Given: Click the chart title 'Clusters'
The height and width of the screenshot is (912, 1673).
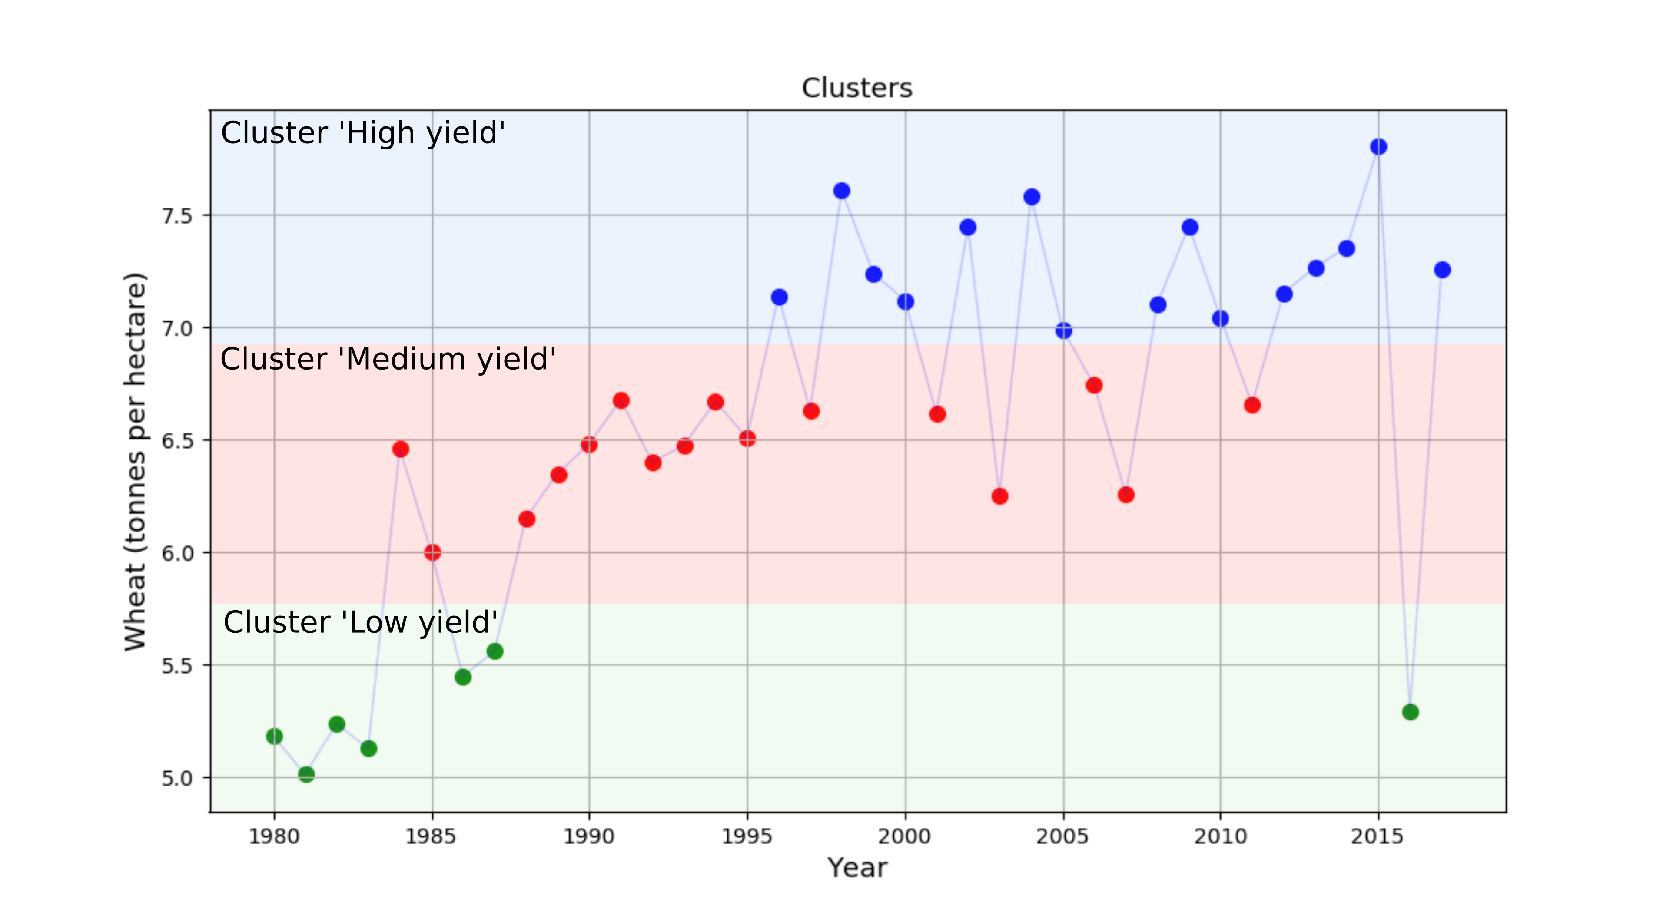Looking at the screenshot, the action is (x=856, y=88).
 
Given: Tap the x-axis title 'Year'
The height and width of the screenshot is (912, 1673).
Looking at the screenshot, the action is (x=856, y=868).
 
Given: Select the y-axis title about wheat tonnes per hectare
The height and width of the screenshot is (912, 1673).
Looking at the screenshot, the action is (x=136, y=462).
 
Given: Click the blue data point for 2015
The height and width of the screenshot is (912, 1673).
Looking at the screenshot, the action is (x=1378, y=147).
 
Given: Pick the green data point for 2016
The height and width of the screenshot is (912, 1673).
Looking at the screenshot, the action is (x=1410, y=712).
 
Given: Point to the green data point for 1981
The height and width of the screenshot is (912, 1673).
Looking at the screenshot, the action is (x=306, y=774).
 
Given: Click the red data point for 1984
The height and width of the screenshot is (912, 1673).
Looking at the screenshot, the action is (x=401, y=449).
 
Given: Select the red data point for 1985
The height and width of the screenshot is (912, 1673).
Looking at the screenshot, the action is (x=432, y=552).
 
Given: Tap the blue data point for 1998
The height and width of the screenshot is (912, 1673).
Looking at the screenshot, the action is (x=842, y=191).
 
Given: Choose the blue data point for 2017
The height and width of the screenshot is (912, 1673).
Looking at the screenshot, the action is (x=1442, y=269).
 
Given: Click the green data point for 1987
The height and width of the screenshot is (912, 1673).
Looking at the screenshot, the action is (x=495, y=651).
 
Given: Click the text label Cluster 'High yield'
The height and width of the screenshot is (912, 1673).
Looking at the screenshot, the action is (x=363, y=133).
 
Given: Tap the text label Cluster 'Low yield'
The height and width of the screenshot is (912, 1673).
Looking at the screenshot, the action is (x=360, y=622).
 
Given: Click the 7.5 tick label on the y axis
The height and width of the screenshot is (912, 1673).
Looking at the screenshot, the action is (x=177, y=215).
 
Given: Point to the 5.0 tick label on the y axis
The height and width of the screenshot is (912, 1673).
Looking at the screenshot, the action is (x=177, y=778).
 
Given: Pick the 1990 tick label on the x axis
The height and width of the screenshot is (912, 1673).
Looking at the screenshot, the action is (x=588, y=837).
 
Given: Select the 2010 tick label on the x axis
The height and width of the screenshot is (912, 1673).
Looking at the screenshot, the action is (x=1220, y=837).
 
